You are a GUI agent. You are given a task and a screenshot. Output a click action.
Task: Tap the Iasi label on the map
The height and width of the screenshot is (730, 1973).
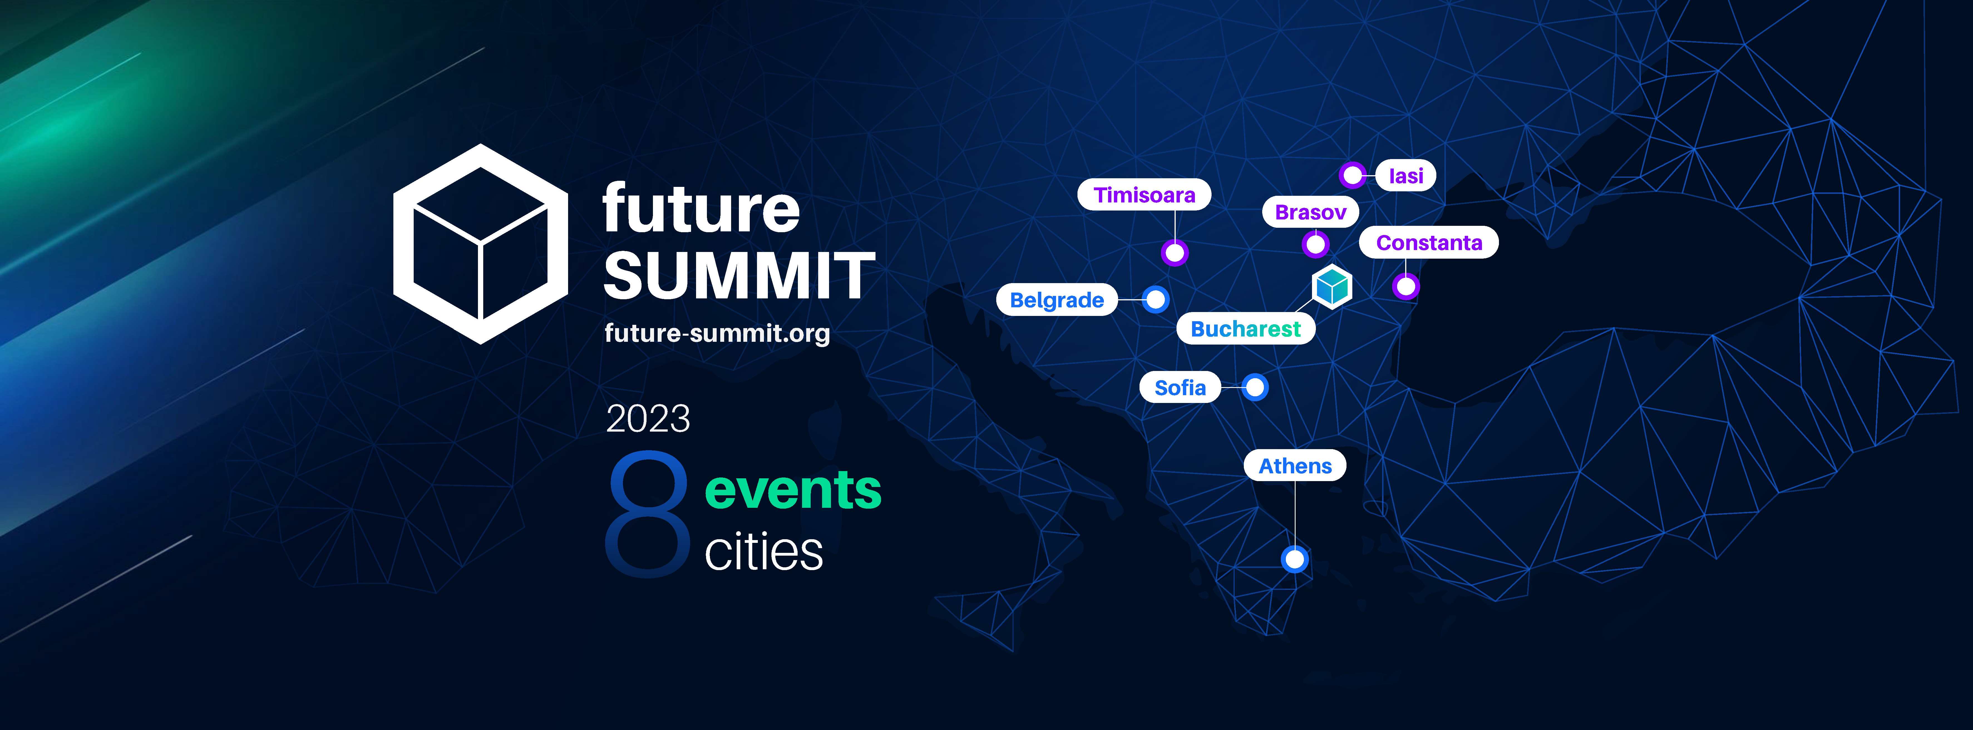click(1405, 175)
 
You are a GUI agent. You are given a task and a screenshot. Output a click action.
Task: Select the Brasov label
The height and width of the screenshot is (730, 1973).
click(1311, 212)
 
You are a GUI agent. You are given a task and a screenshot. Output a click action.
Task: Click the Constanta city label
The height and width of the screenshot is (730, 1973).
click(1429, 243)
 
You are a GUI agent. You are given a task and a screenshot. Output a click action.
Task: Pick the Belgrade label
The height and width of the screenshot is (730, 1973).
click(1057, 300)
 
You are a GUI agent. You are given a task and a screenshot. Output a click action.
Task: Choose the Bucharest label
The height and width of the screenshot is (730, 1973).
click(1246, 329)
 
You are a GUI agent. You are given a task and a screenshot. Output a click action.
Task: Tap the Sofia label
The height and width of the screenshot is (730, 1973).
click(1180, 388)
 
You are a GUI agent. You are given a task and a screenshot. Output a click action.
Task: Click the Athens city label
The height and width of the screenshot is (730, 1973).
click(1295, 466)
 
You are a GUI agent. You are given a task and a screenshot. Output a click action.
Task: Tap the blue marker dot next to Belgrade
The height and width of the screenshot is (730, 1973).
click(1155, 300)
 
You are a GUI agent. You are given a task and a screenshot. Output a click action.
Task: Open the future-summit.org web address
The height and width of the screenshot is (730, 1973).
click(717, 333)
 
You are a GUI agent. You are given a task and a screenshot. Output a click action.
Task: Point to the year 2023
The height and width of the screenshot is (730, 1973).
click(648, 418)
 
